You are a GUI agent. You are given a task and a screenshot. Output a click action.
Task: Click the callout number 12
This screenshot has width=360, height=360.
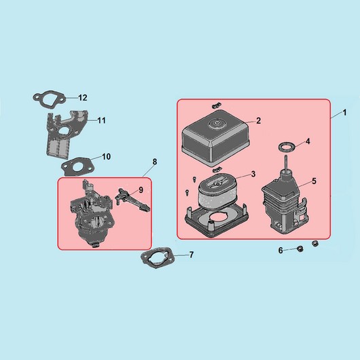click(x=83, y=98)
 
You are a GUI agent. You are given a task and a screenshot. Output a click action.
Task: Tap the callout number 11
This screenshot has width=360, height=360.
click(x=101, y=120)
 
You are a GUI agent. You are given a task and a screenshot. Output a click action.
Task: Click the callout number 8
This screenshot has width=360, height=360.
click(x=155, y=162)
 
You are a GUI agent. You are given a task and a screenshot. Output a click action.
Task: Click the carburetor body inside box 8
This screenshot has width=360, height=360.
click(x=92, y=216)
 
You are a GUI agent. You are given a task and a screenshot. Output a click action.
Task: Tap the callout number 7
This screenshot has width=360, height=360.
click(x=192, y=255)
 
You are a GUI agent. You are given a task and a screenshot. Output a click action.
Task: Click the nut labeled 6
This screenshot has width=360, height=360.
click(x=300, y=249)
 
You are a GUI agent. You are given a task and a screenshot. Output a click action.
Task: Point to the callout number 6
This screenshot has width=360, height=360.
click(x=281, y=251)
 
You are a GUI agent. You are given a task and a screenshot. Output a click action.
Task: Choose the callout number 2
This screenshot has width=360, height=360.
click(x=259, y=120)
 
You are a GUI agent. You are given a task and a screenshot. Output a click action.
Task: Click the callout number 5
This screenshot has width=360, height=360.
click(x=314, y=181)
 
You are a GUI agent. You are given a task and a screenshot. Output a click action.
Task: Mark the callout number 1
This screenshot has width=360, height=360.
click(x=344, y=113)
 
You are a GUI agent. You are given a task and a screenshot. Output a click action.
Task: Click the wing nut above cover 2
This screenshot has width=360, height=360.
click(x=216, y=105)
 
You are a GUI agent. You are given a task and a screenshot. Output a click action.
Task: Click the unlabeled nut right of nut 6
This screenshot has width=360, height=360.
click(x=315, y=243)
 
